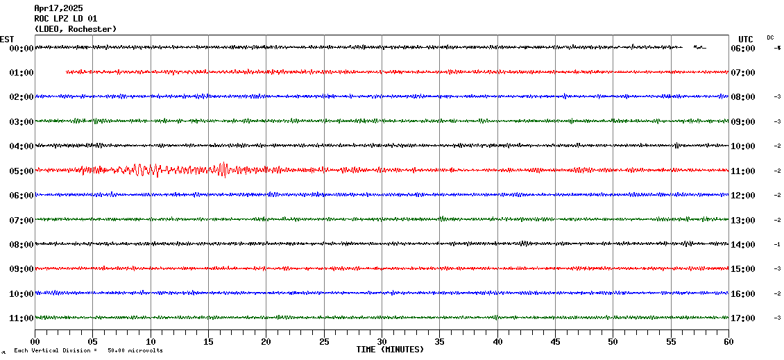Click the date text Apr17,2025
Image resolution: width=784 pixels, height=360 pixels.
pos(58,8)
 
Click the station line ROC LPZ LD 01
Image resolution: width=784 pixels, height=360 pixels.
pos(65,19)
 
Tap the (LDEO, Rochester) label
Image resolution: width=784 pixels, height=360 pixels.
pos(75,29)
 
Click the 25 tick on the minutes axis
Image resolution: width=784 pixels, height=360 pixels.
pos(324,341)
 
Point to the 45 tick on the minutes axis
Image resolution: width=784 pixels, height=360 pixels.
pos(555,341)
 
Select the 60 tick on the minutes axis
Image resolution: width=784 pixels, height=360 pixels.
pos(728,341)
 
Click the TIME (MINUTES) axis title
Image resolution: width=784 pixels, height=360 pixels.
pos(390,350)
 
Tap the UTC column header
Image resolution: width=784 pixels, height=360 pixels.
pos(746,40)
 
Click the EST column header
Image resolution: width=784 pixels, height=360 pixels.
pos(7,40)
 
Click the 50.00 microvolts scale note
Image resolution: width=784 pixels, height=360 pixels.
pos(135,351)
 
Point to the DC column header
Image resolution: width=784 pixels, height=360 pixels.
pos(770,37)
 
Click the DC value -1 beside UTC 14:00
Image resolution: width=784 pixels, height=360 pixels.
pos(778,244)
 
